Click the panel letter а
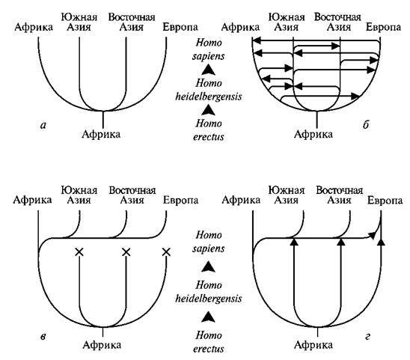[x=43, y=126]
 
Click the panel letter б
[x=366, y=125]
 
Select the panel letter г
[x=367, y=337]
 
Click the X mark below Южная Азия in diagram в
[x=79, y=252]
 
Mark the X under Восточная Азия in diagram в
[x=126, y=252]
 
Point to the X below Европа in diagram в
[x=166, y=252]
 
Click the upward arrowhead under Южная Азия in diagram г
[x=294, y=242]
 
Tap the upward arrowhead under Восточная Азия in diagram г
[x=340, y=242]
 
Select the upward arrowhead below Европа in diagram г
[x=381, y=242]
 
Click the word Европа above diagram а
[x=180, y=27]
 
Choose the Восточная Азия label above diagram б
[x=338, y=22]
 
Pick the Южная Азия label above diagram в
[x=79, y=195]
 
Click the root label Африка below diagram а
[x=101, y=134]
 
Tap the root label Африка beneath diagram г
[x=313, y=345]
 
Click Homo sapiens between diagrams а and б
[x=209, y=49]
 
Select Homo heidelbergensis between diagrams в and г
[x=209, y=292]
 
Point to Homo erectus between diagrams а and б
[x=209, y=130]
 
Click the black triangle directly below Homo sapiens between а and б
[x=209, y=70]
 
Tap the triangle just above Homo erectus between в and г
[x=209, y=317]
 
